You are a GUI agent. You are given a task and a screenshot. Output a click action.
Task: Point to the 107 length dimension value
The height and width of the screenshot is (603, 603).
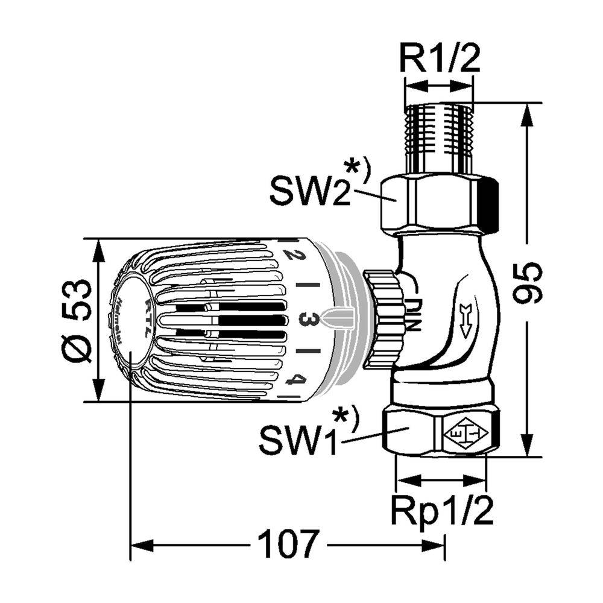coord(288,546)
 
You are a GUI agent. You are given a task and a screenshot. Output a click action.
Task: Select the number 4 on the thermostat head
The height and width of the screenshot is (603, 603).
coord(297,381)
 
